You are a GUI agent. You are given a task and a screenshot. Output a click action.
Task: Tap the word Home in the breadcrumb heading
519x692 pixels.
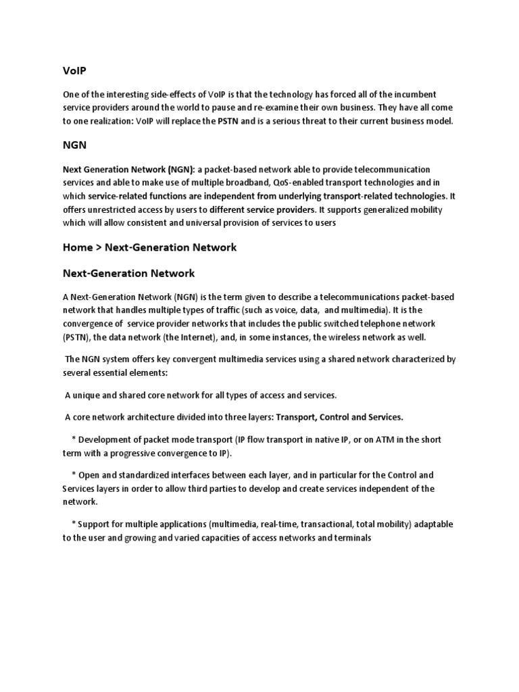click(78, 247)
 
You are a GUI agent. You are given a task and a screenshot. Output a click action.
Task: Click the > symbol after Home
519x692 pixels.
click(99, 247)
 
